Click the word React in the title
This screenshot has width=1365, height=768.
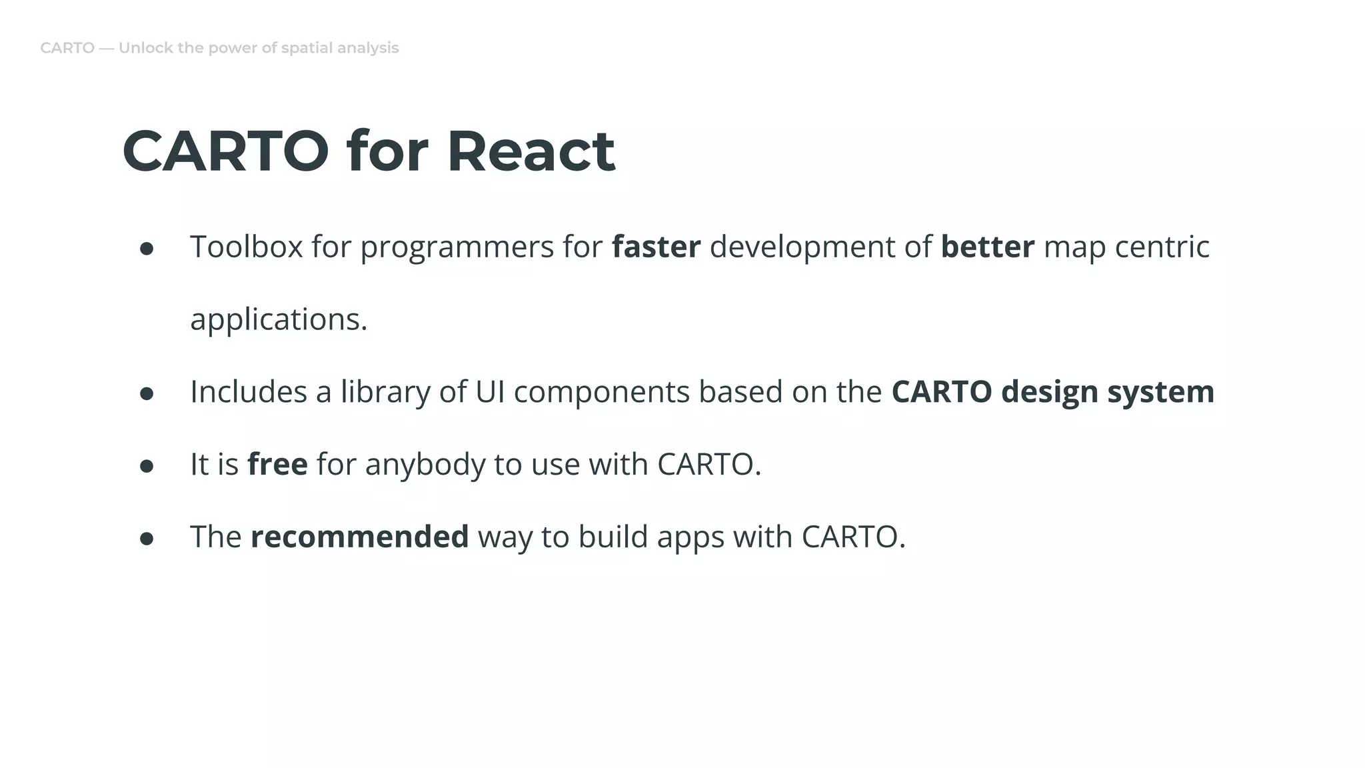pos(531,152)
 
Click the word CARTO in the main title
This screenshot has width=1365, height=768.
pos(225,152)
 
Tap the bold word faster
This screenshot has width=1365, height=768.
pos(656,247)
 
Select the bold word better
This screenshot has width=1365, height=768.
pos(987,247)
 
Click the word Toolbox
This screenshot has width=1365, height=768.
pos(246,247)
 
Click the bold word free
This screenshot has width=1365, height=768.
pos(277,464)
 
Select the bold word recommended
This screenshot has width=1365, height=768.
pos(359,537)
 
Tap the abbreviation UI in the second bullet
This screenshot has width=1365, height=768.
pos(490,392)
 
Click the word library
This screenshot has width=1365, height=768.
pos(385,392)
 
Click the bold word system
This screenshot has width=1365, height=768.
pos(1160,392)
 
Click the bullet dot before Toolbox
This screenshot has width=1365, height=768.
pos(147,249)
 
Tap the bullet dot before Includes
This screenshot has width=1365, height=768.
pos(147,394)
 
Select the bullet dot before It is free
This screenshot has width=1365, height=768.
pos(147,466)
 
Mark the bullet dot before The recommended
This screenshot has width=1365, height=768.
pos(147,539)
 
